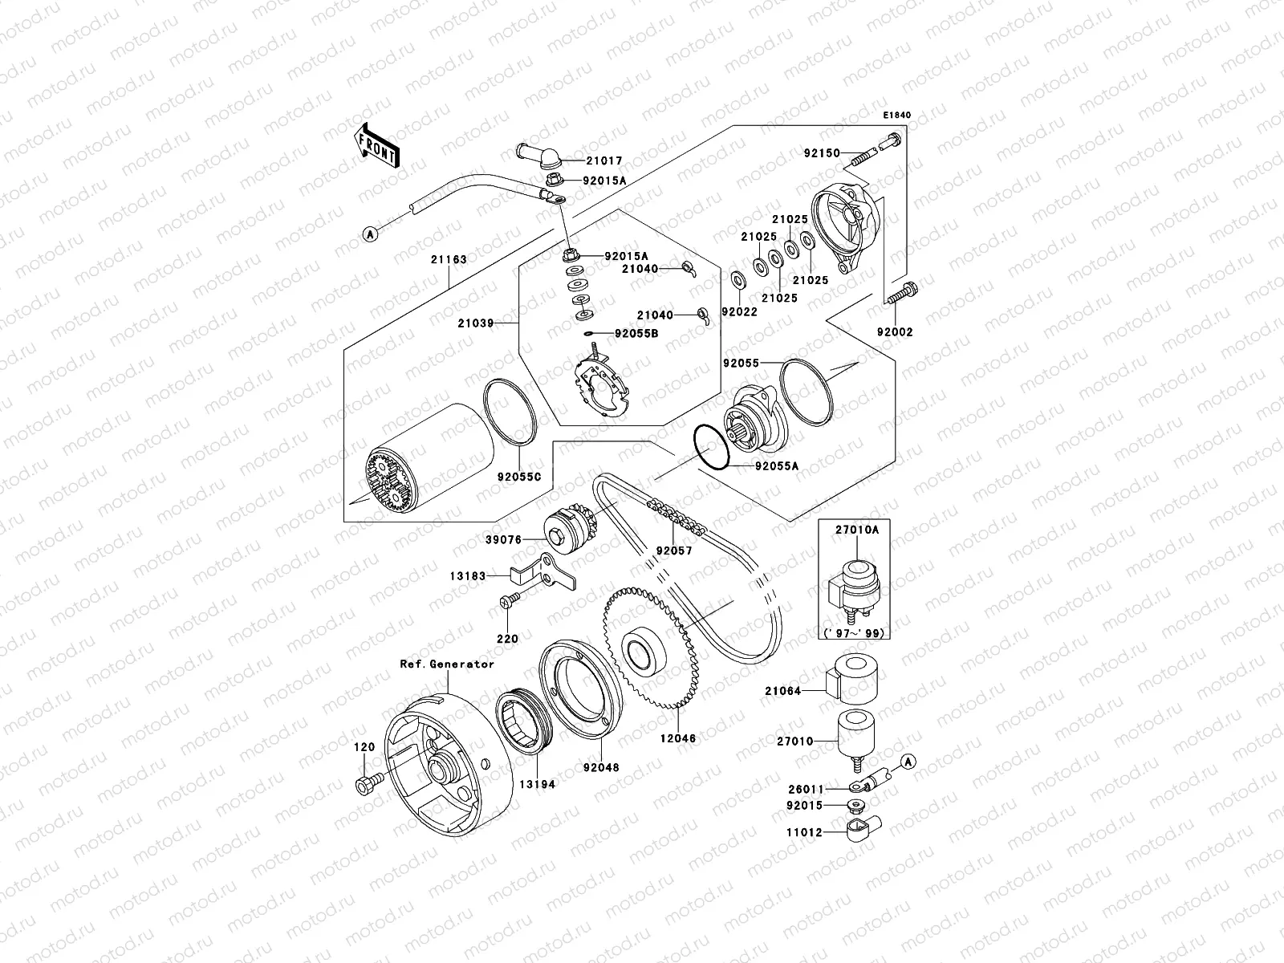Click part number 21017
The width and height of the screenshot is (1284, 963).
pyautogui.click(x=603, y=161)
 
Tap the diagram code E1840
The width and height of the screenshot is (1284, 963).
pyautogui.click(x=897, y=116)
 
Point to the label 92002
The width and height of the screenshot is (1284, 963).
pyautogui.click(x=894, y=332)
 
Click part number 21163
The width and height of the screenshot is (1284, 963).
pyautogui.click(x=448, y=260)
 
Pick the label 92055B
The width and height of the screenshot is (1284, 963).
pyautogui.click(x=636, y=332)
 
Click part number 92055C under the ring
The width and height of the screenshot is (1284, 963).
pyautogui.click(x=519, y=477)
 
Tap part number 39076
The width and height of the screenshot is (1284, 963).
pyautogui.click(x=504, y=540)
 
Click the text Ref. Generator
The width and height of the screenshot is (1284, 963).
pyautogui.click(x=448, y=664)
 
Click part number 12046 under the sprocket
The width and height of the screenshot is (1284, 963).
pyautogui.click(x=679, y=737)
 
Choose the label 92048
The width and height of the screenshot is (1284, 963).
pyautogui.click(x=601, y=767)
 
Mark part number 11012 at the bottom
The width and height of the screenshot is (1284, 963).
pyautogui.click(x=804, y=833)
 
